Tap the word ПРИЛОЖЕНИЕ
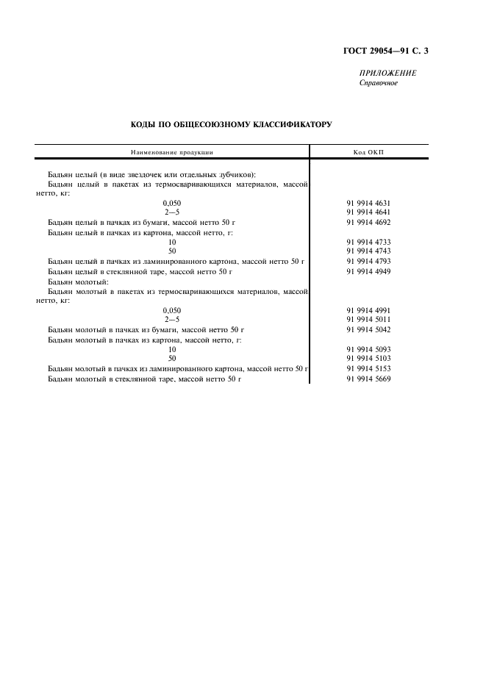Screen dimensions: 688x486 click(387, 74)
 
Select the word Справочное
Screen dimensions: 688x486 click(378, 83)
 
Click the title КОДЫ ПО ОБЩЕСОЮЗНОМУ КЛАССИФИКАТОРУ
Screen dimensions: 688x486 click(230, 125)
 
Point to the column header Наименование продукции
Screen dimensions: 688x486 click(171, 152)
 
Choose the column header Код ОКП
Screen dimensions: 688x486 click(368, 152)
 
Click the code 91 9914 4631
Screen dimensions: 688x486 click(368, 201)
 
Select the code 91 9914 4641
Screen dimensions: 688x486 click(368, 211)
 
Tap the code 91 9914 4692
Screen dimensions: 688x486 click(368, 221)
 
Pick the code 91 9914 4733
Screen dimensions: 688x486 click(368, 241)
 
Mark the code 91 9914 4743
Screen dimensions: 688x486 click(368, 251)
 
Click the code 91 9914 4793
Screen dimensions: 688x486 click(368, 261)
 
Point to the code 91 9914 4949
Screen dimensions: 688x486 click(368, 271)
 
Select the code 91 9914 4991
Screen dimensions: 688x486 click(368, 310)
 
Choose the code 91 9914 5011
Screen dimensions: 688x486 click(368, 320)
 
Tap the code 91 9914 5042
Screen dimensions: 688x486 click(368, 330)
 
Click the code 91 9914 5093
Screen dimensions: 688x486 click(368, 349)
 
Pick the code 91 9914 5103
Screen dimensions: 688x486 click(368, 359)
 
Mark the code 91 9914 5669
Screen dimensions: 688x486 click(368, 379)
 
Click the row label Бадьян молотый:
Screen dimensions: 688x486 click(77, 282)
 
